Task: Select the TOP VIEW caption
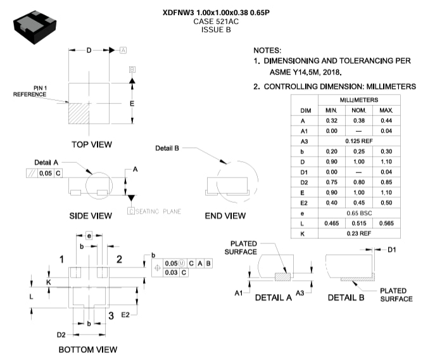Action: [x=92, y=145]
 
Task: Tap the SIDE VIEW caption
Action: [x=91, y=216]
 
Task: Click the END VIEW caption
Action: [x=225, y=216]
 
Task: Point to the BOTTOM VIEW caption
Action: [x=87, y=349]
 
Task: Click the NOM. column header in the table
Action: [x=359, y=110]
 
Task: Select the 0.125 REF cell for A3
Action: [x=359, y=141]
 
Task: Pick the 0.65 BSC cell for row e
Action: [x=359, y=213]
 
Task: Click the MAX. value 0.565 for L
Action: [x=386, y=223]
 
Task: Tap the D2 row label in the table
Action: [x=303, y=182]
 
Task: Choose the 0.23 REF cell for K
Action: [x=359, y=233]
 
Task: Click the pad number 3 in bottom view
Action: [x=110, y=315]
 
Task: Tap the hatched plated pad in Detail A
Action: [x=282, y=275]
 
